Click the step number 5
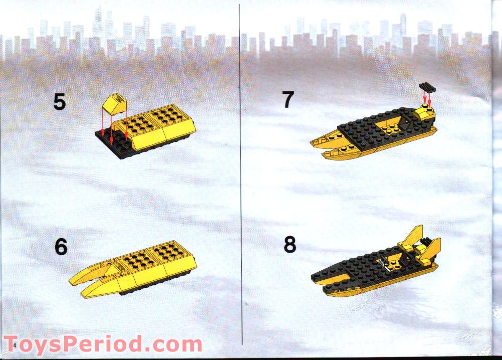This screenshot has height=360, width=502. (x=59, y=102)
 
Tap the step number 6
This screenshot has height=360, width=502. (x=61, y=247)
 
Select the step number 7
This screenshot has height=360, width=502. (x=287, y=100)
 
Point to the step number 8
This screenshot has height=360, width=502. (x=290, y=245)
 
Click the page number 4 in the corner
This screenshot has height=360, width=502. (x=15, y=346)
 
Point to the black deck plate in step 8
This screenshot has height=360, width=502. (x=351, y=268)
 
